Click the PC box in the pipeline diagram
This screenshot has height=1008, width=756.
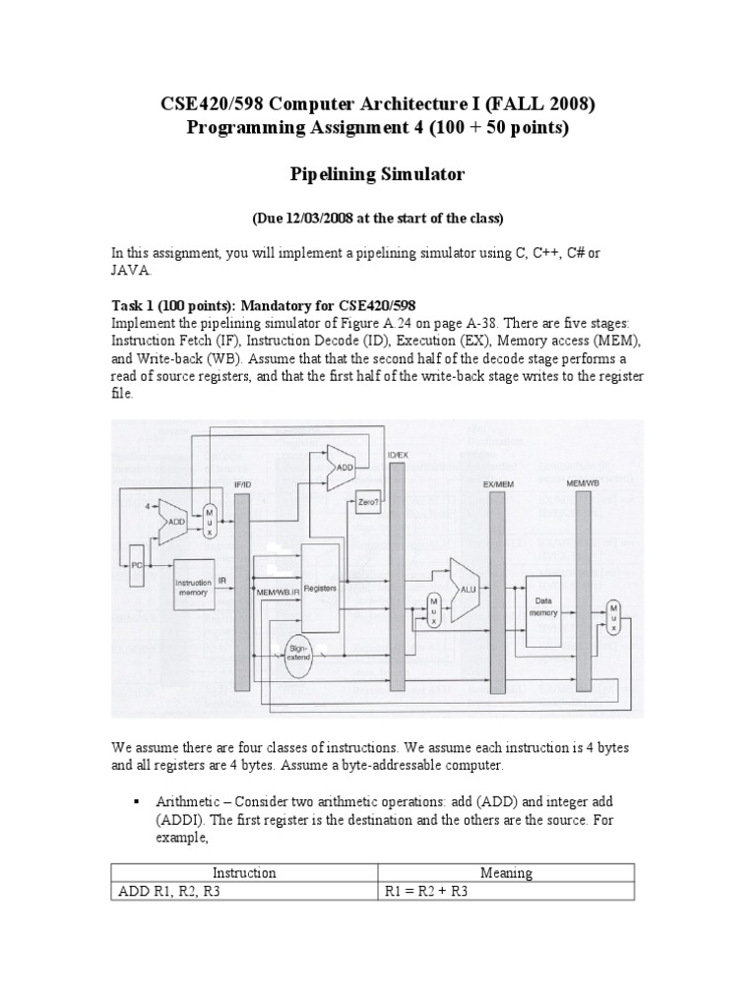[x=137, y=565]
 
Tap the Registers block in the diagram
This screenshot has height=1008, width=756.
[x=321, y=588]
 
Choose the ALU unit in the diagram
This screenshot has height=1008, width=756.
[x=464, y=581]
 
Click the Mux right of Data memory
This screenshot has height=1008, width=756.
[x=614, y=615]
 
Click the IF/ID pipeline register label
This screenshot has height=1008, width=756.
[x=242, y=484]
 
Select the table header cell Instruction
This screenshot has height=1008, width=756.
[x=244, y=872]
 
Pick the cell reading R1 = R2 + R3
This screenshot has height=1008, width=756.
[x=506, y=892]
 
